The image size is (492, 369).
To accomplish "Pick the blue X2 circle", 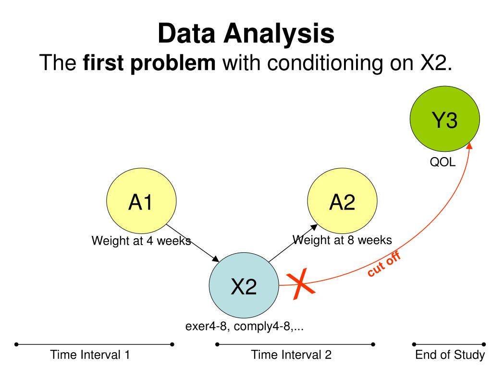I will coord(244,287).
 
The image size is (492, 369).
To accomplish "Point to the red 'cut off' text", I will coord(384,265).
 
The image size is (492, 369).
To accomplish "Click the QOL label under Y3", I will coord(442,163).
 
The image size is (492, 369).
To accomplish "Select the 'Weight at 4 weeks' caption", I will coord(141,241).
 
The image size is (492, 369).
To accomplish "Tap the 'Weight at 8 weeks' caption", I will coord(342,239).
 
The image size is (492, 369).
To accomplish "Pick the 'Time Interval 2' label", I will coord(292,355).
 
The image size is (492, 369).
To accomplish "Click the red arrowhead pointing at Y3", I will coord(469,145).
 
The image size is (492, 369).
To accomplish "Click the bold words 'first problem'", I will coord(149,62).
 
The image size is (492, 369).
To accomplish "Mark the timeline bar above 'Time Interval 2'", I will coord(295,344).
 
